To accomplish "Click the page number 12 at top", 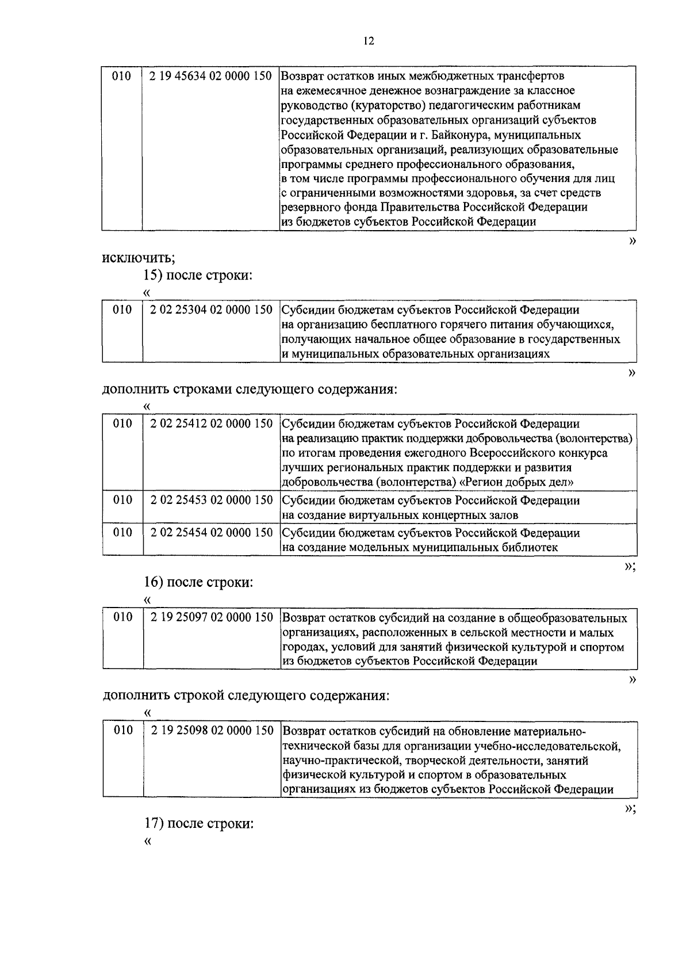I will pyautogui.click(x=369, y=41).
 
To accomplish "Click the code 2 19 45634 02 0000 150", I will pyautogui.click(x=210, y=76).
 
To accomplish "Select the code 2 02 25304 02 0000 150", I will pyautogui.click(x=211, y=310).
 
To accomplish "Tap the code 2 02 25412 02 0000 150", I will pyautogui.click(x=211, y=423).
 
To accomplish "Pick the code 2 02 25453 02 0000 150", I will pyautogui.click(x=211, y=500).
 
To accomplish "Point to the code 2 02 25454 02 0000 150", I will pyautogui.click(x=211, y=533).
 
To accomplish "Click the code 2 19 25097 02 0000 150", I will pyautogui.click(x=211, y=617).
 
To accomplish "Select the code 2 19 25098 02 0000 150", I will pyautogui.click(x=211, y=731).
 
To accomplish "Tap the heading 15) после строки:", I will pyautogui.click(x=198, y=275).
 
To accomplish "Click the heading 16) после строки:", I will pyautogui.click(x=198, y=582).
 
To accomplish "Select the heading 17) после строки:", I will pyautogui.click(x=198, y=823).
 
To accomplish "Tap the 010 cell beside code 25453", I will pyautogui.click(x=122, y=500).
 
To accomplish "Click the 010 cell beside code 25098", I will pyautogui.click(x=122, y=731).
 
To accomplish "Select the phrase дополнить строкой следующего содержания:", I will pyautogui.click(x=246, y=696).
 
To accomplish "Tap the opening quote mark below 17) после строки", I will pyautogui.click(x=148, y=841).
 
